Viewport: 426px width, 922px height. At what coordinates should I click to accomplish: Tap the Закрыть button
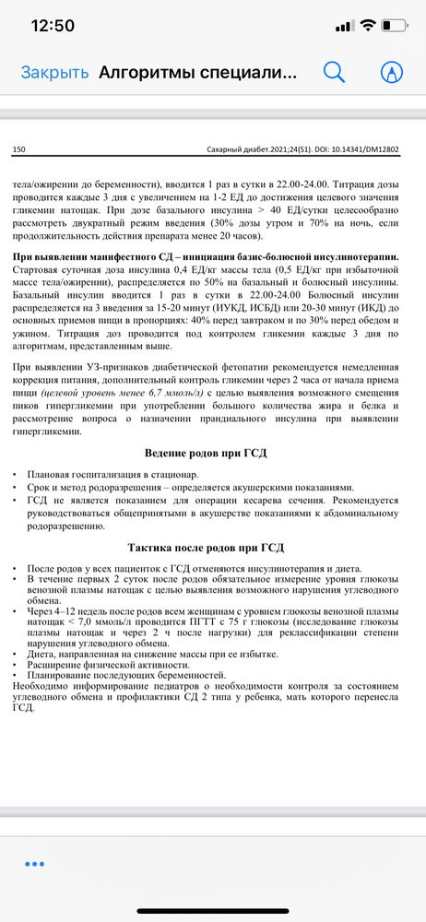coord(54,72)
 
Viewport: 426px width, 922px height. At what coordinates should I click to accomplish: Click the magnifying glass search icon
coord(333,72)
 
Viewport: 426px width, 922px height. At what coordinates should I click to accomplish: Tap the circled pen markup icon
coord(392,72)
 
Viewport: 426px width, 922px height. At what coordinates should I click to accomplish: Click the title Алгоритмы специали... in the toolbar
coord(197,72)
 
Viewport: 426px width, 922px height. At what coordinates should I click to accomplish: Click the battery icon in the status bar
coord(395,26)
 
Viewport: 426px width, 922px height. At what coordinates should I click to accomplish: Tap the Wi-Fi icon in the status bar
coord(367,26)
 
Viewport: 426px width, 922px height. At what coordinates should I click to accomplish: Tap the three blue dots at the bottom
coord(35,863)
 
